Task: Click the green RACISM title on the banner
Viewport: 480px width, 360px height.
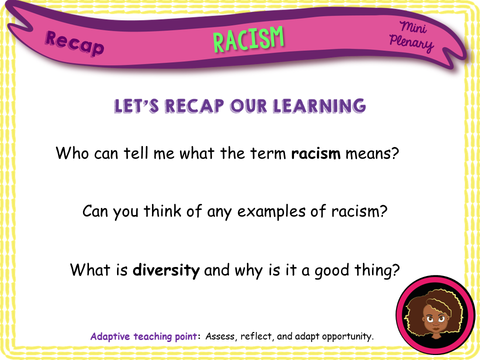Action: (x=248, y=38)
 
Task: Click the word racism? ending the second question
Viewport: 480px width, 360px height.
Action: (x=359, y=211)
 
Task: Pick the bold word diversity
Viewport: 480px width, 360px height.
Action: (x=166, y=270)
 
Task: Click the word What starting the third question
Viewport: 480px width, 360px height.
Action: (x=90, y=270)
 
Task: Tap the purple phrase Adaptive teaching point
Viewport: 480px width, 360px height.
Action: (x=144, y=336)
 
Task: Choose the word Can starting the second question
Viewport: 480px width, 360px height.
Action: (x=96, y=211)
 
